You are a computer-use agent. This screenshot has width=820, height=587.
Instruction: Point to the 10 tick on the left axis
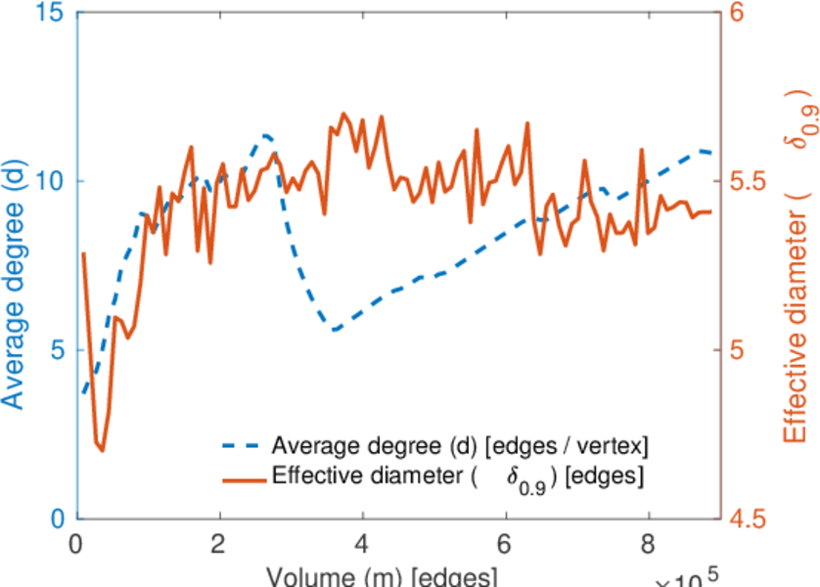[53, 182]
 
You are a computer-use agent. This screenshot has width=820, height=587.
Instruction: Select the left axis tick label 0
[59, 519]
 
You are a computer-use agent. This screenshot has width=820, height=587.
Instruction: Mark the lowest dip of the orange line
[102, 450]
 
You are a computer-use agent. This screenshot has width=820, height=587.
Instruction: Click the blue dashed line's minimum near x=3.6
[336, 330]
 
